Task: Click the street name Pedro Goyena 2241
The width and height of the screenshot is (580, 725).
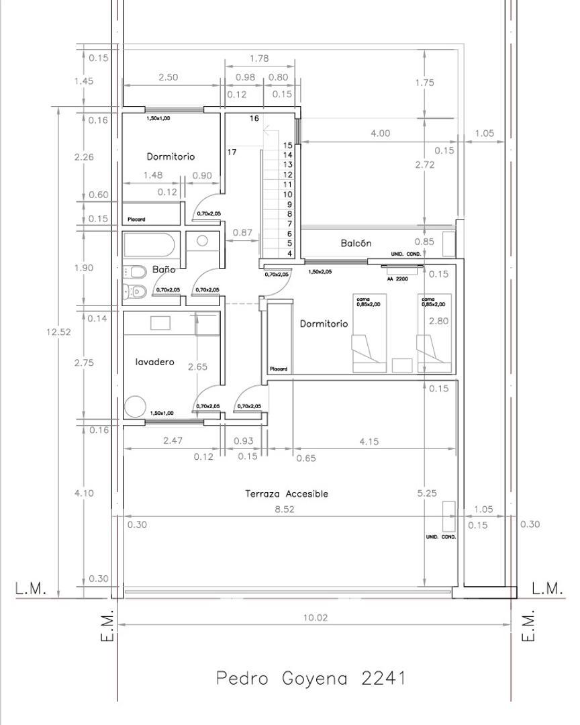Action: pyautogui.click(x=311, y=678)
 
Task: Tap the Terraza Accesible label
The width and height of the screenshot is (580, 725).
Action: pyautogui.click(x=287, y=493)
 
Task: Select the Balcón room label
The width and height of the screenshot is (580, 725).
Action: pyautogui.click(x=355, y=243)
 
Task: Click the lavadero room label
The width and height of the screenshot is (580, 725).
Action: pyautogui.click(x=154, y=362)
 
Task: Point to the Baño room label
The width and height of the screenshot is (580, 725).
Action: pyautogui.click(x=164, y=269)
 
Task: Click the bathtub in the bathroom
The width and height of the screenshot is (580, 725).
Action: pyautogui.click(x=150, y=244)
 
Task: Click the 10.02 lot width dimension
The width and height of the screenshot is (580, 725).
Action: pyautogui.click(x=315, y=618)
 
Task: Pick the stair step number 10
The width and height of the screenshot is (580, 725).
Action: pyautogui.click(x=288, y=194)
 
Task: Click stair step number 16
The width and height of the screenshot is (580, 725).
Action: pyautogui.click(x=254, y=118)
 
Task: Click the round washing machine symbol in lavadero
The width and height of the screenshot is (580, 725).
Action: pyautogui.click(x=135, y=407)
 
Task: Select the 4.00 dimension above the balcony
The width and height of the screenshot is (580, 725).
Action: pyautogui.click(x=380, y=133)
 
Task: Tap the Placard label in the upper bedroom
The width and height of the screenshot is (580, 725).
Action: pyautogui.click(x=136, y=220)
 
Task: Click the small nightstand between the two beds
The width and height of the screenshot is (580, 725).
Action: pyautogui.click(x=401, y=365)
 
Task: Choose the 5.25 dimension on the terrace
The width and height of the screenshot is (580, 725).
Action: pyautogui.click(x=427, y=493)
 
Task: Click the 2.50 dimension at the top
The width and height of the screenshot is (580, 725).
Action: pyautogui.click(x=168, y=77)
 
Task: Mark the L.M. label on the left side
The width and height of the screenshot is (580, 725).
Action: pyautogui.click(x=31, y=589)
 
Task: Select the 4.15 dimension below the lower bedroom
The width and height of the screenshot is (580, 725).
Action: pyautogui.click(x=369, y=442)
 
